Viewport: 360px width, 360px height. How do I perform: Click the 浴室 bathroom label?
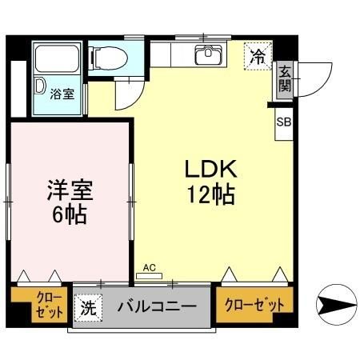[x=62, y=94]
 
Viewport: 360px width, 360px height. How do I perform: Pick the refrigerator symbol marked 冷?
[x=258, y=57]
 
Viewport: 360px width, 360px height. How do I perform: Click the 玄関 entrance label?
[x=285, y=80]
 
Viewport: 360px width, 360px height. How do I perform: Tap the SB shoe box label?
[x=284, y=122]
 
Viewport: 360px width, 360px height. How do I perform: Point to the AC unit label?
[x=148, y=269]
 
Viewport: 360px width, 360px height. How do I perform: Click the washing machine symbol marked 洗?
[x=86, y=305]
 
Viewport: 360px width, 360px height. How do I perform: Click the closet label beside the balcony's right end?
[x=254, y=304]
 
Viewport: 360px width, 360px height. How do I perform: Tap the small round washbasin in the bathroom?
[x=39, y=86]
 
